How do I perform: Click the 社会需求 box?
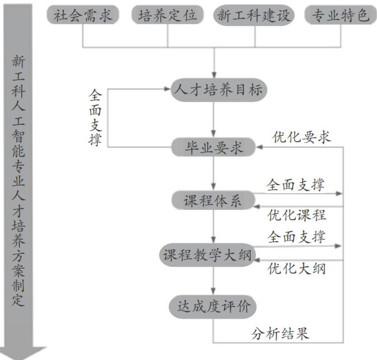click(x=83, y=15)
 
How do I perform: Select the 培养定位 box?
click(x=168, y=15)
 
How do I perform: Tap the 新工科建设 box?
click(x=255, y=15)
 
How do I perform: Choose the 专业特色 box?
click(x=340, y=15)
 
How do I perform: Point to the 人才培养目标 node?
click(x=213, y=90)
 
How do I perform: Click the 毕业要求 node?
click(x=213, y=147)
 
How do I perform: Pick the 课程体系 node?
click(x=213, y=200)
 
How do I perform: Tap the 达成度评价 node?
click(x=213, y=306)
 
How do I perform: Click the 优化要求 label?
click(x=301, y=137)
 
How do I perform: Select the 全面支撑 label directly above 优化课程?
click(x=297, y=185)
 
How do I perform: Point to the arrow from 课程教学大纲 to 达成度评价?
click(x=213, y=280)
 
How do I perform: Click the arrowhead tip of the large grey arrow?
click(x=21, y=358)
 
